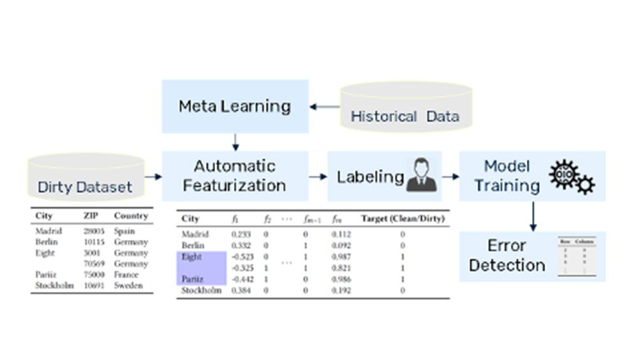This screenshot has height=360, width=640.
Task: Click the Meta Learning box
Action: click(x=235, y=106)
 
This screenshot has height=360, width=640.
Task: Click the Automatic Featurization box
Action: click(x=235, y=176)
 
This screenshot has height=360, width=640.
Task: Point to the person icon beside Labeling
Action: click(x=421, y=175)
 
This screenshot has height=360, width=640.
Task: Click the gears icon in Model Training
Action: click(x=571, y=177)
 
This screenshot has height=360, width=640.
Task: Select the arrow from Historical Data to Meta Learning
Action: click(x=324, y=107)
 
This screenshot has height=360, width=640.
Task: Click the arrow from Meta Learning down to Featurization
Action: click(x=236, y=142)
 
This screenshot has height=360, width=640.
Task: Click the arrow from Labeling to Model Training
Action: click(x=451, y=176)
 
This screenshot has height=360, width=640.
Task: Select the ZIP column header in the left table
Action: click(x=90, y=216)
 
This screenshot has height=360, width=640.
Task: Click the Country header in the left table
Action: click(x=130, y=216)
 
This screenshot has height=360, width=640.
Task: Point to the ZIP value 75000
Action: click(x=92, y=275)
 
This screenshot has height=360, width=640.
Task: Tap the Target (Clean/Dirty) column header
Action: click(x=402, y=219)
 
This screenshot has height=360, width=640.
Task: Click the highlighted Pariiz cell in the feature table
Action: click(x=193, y=279)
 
